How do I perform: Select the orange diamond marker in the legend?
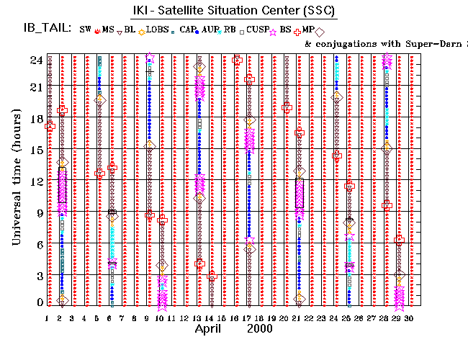pos(143,31)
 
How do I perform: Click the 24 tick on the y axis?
pos(34,60)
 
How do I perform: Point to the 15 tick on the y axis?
pos(34,150)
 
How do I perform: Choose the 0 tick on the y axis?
pos(37,302)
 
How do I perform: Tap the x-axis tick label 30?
pos(409,318)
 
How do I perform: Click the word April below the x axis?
pos(210,329)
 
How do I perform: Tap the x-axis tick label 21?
pos(297,318)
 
